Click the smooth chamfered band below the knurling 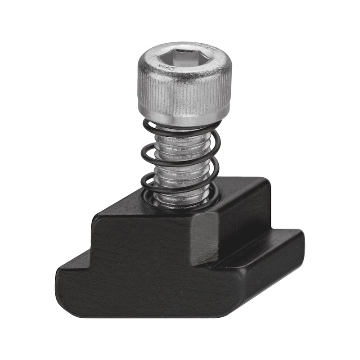[x=184, y=119]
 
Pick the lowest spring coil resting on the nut [x=180, y=205]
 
